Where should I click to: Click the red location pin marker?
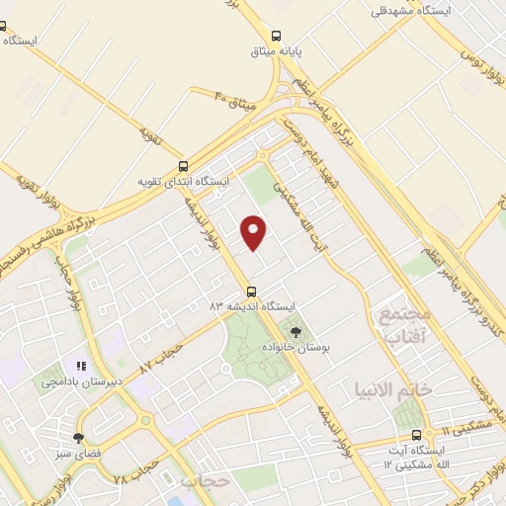[x=255, y=231]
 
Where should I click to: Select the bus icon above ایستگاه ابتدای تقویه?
[x=182, y=166]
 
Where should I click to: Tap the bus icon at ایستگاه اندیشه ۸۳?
[x=251, y=292]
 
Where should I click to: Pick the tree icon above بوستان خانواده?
[x=294, y=331]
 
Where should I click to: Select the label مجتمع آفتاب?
[x=405, y=327]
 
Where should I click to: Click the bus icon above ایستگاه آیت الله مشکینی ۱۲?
[x=417, y=435]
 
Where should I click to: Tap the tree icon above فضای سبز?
[x=78, y=438]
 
